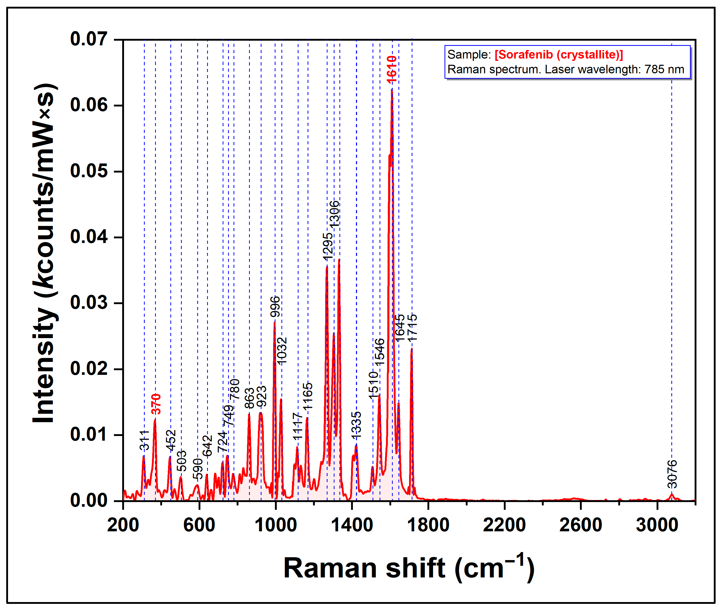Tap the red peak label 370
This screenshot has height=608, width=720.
click(x=156, y=404)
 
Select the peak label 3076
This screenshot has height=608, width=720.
click(x=672, y=474)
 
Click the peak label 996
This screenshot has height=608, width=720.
click(x=275, y=306)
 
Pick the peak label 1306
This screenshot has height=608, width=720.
click(x=334, y=214)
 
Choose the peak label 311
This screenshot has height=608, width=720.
click(x=144, y=440)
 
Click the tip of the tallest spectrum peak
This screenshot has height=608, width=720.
click(x=392, y=90)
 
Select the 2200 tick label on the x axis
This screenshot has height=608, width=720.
click(x=504, y=525)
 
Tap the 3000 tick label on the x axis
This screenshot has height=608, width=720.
click(x=657, y=525)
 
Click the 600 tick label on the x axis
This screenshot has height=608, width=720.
click(x=199, y=525)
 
